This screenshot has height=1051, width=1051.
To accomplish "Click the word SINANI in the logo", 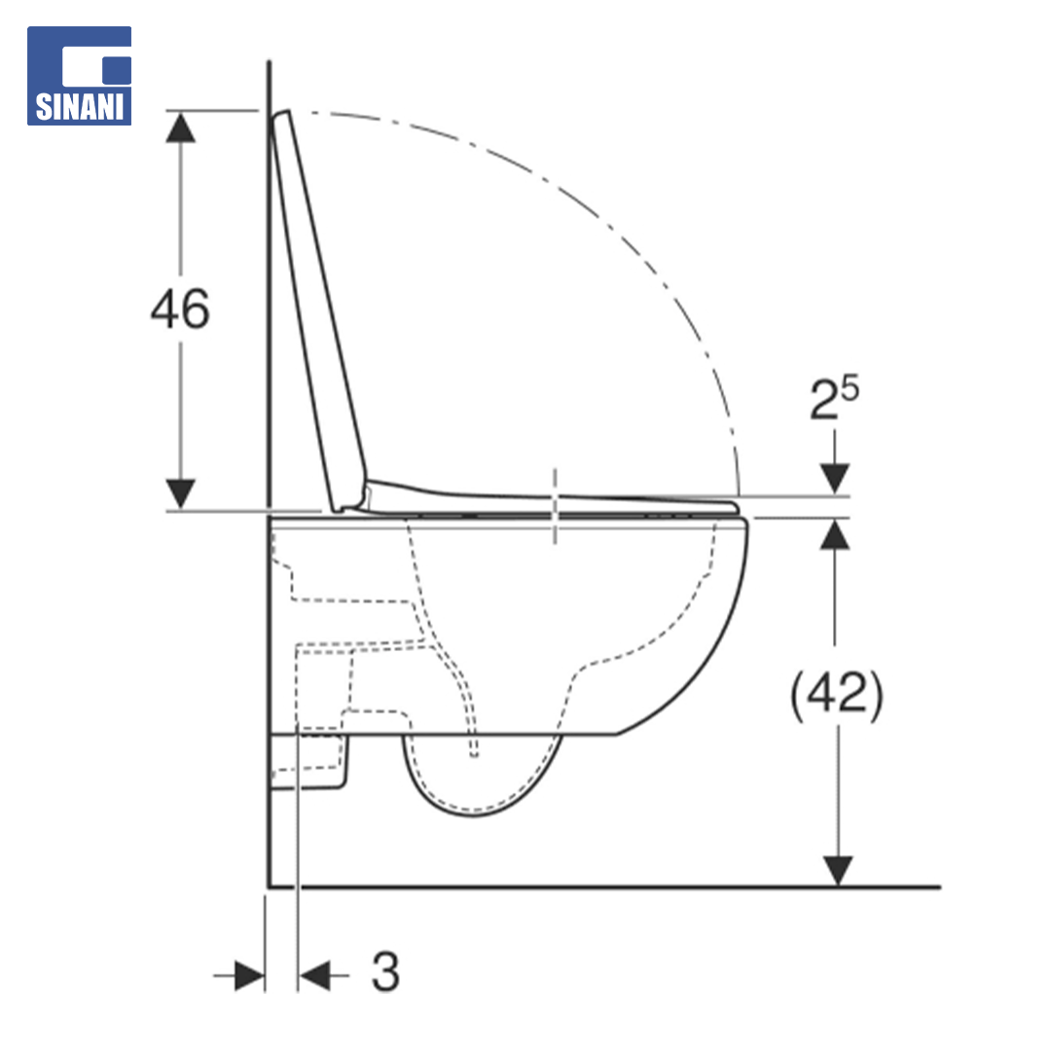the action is pos(80,107).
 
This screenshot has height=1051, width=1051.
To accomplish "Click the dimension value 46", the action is pos(180,309).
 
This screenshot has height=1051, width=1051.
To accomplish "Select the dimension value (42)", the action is pos(837,695).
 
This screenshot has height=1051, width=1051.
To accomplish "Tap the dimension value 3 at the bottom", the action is pos(385,971).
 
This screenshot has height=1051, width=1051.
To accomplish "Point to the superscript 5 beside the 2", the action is pos(850,388).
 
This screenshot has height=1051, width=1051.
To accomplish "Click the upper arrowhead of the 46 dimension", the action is pos(180,127).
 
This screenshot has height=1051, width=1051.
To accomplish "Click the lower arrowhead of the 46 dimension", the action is pos(180,494).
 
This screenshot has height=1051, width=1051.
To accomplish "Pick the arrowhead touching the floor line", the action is pos(837,871).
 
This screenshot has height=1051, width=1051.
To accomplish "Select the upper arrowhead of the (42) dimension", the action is pos(835,535).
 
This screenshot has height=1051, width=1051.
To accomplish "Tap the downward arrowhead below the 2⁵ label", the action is pos(835,479).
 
